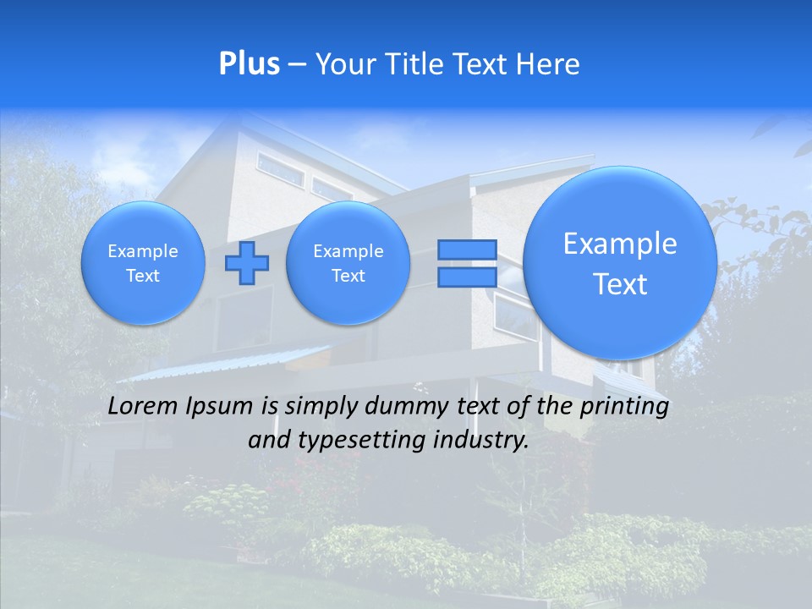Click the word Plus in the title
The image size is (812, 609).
pyautogui.click(x=250, y=64)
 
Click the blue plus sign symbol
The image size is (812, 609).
pyautogui.click(x=247, y=263)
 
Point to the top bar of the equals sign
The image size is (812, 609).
pyautogui.click(x=467, y=250)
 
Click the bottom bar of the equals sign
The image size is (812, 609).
pyautogui.click(x=467, y=277)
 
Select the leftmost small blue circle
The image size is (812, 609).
pyautogui.click(x=143, y=263)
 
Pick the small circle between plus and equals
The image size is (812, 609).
pyautogui.click(x=348, y=263)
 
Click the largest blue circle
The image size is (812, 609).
pyautogui.click(x=620, y=263)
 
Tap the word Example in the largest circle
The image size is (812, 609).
pyautogui.click(x=620, y=244)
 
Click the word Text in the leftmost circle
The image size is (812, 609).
pyautogui.click(x=143, y=276)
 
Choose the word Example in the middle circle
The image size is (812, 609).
pyautogui.click(x=348, y=251)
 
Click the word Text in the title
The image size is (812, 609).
pyautogui.click(x=482, y=64)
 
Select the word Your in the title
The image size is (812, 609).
pyautogui.click(x=346, y=64)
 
